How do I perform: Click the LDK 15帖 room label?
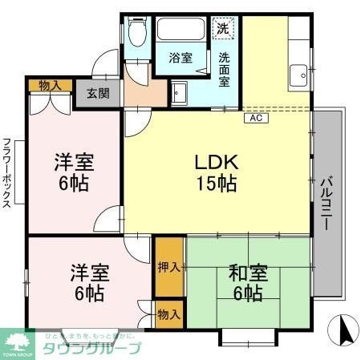click(x=216, y=172)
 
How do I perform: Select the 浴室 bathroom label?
click(x=180, y=58)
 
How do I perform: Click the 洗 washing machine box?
click(x=224, y=26)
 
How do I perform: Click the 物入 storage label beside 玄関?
click(x=49, y=84)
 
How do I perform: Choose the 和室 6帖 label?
click(x=248, y=283)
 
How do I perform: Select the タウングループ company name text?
click(x=92, y=348)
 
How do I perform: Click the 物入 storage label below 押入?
click(x=169, y=313)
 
